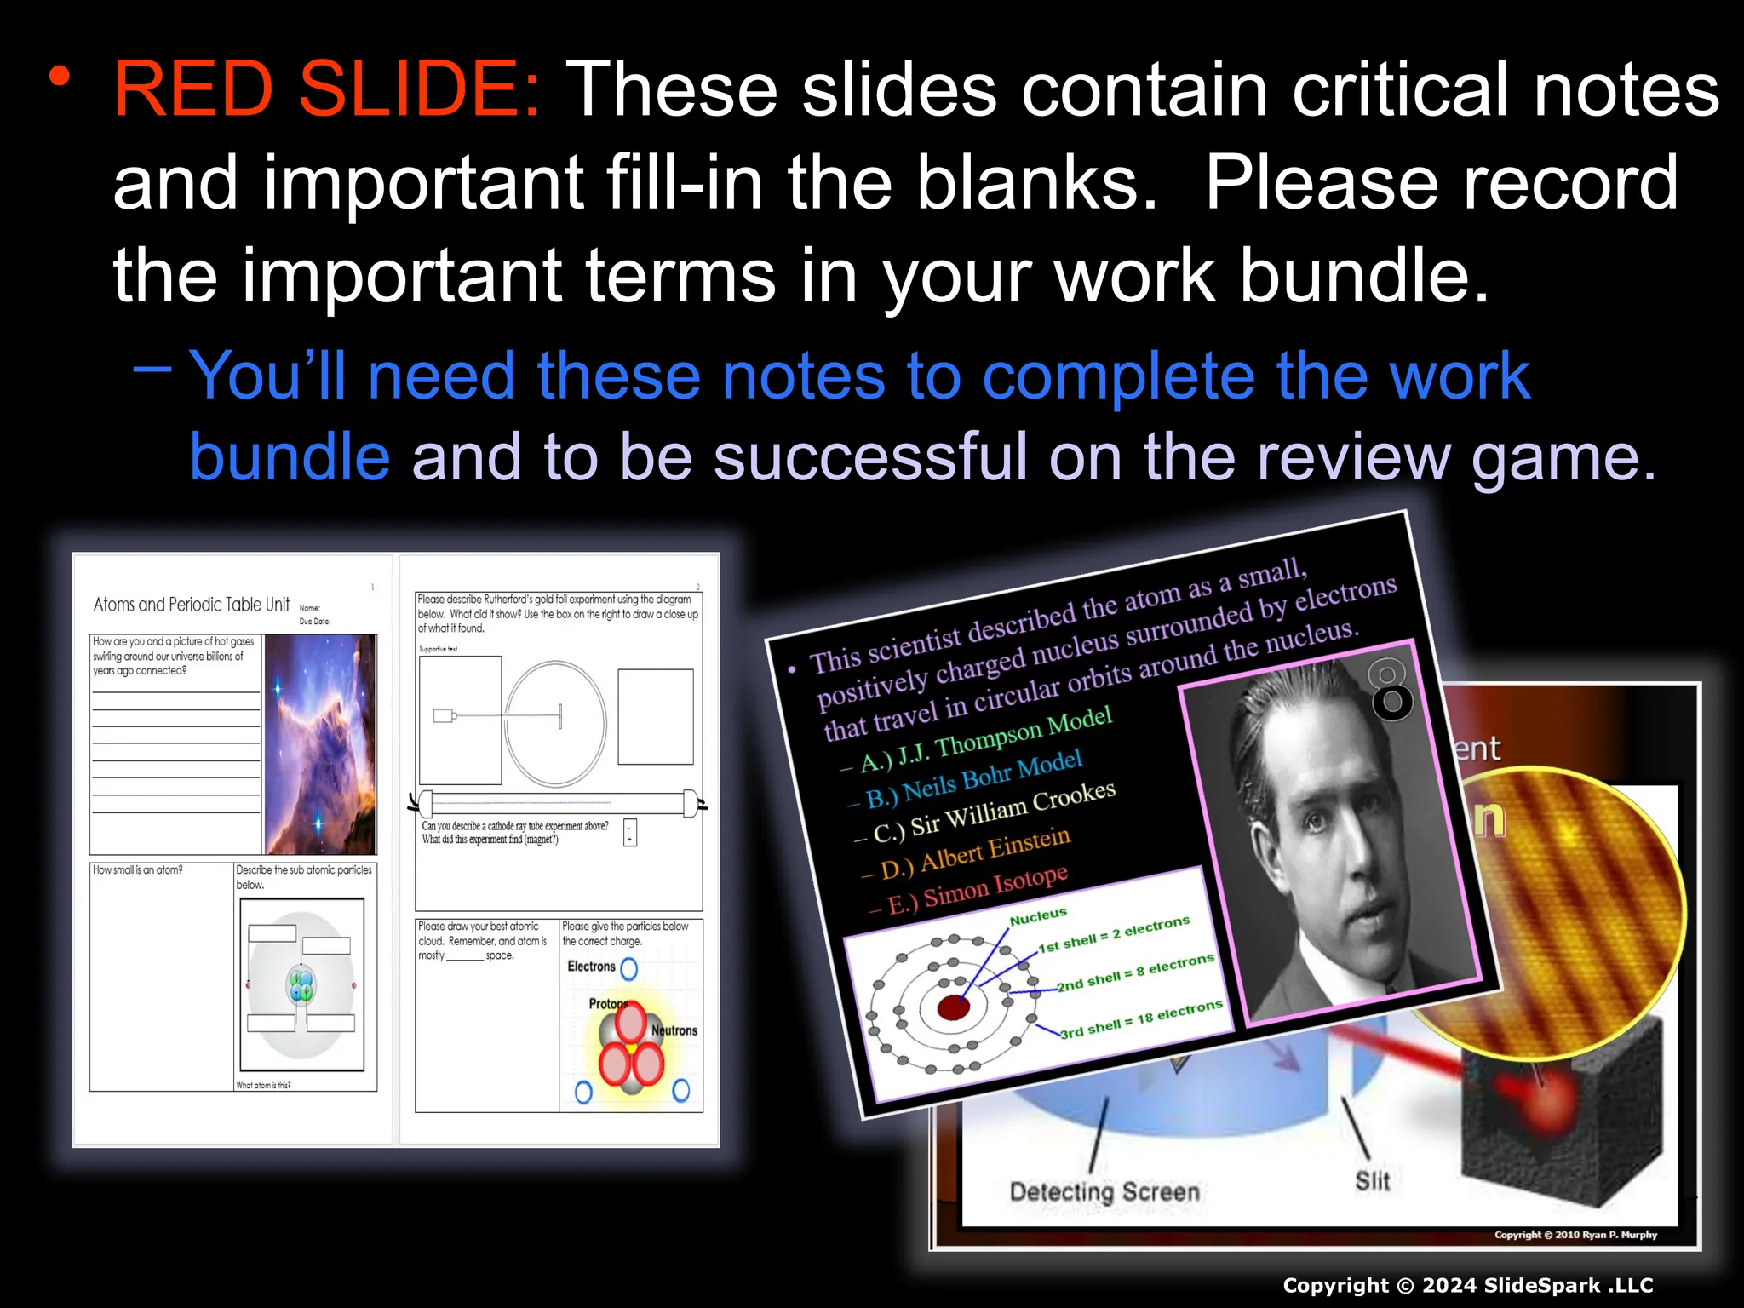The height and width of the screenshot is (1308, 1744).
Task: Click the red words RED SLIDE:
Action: [327, 89]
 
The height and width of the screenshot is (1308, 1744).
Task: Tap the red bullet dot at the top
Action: [59, 77]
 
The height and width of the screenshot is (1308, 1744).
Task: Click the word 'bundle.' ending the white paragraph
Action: [1363, 277]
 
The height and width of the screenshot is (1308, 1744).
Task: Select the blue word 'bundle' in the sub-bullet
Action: [290, 457]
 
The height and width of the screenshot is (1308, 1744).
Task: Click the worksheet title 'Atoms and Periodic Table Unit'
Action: [192, 605]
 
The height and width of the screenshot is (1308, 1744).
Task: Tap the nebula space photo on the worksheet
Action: [319, 743]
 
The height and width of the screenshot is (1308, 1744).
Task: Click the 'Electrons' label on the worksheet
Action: [591, 967]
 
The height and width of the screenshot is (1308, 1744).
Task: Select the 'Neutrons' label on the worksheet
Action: [674, 1030]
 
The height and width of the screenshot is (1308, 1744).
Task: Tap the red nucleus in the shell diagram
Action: [953, 1007]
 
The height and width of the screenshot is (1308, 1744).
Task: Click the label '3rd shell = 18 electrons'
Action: [1141, 1019]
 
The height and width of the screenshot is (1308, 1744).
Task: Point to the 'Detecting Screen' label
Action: [1104, 1191]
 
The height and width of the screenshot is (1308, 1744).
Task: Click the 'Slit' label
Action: [1372, 1181]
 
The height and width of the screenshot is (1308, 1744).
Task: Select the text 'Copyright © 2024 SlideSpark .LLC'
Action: [1468, 1286]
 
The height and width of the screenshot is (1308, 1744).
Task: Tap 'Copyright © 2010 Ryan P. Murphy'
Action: [1575, 1235]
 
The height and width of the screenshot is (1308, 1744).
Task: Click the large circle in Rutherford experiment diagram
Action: [555, 723]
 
